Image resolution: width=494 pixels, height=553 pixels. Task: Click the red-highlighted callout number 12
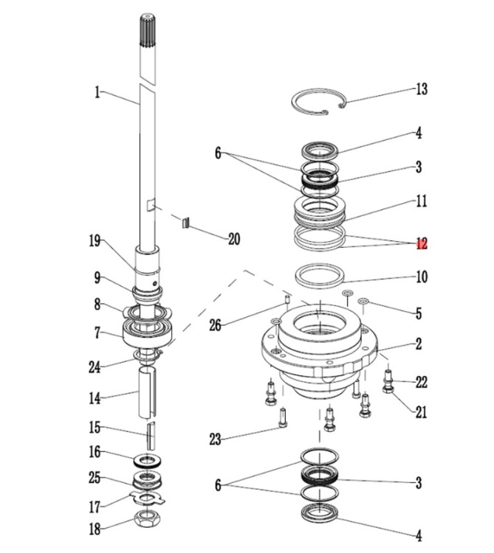pos(422,243)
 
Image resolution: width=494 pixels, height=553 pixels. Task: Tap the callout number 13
pos(422,89)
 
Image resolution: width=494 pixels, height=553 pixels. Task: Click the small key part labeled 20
pos(186,223)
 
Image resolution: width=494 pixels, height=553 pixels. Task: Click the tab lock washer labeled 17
pos(148,498)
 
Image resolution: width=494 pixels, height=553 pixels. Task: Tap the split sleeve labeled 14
pos(146,392)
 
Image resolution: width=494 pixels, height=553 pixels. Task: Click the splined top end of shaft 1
pos(147,30)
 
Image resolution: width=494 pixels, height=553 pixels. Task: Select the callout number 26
pos(215,325)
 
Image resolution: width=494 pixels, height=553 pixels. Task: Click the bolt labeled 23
pos(283,417)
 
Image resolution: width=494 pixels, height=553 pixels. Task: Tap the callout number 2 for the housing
pos(419,344)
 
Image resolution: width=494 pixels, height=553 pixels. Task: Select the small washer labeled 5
pos(363,302)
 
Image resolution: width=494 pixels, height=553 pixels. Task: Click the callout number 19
pos(95,241)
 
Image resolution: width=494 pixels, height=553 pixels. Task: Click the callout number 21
pos(421,411)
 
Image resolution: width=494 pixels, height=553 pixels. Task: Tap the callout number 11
pos(421,201)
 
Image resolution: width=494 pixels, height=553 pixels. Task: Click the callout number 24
pos(95,367)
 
